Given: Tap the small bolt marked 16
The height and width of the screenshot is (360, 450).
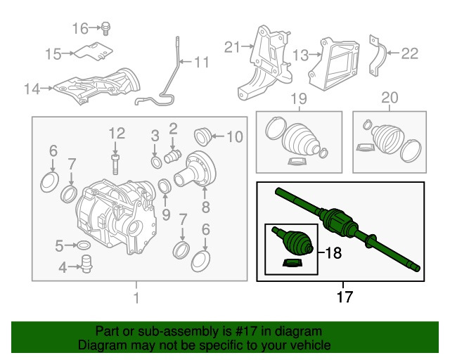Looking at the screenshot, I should tap(105, 28).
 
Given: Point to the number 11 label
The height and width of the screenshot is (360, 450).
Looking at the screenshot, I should tap(201, 63).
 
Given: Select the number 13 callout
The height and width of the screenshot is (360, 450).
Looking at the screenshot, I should tap(300, 53).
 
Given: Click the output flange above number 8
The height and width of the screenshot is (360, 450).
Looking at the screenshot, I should tap(198, 169).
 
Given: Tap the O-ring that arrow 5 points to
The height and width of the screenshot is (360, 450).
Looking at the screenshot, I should tap(82, 245).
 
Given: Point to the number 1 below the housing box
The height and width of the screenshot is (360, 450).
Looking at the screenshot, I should tap(136, 297).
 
